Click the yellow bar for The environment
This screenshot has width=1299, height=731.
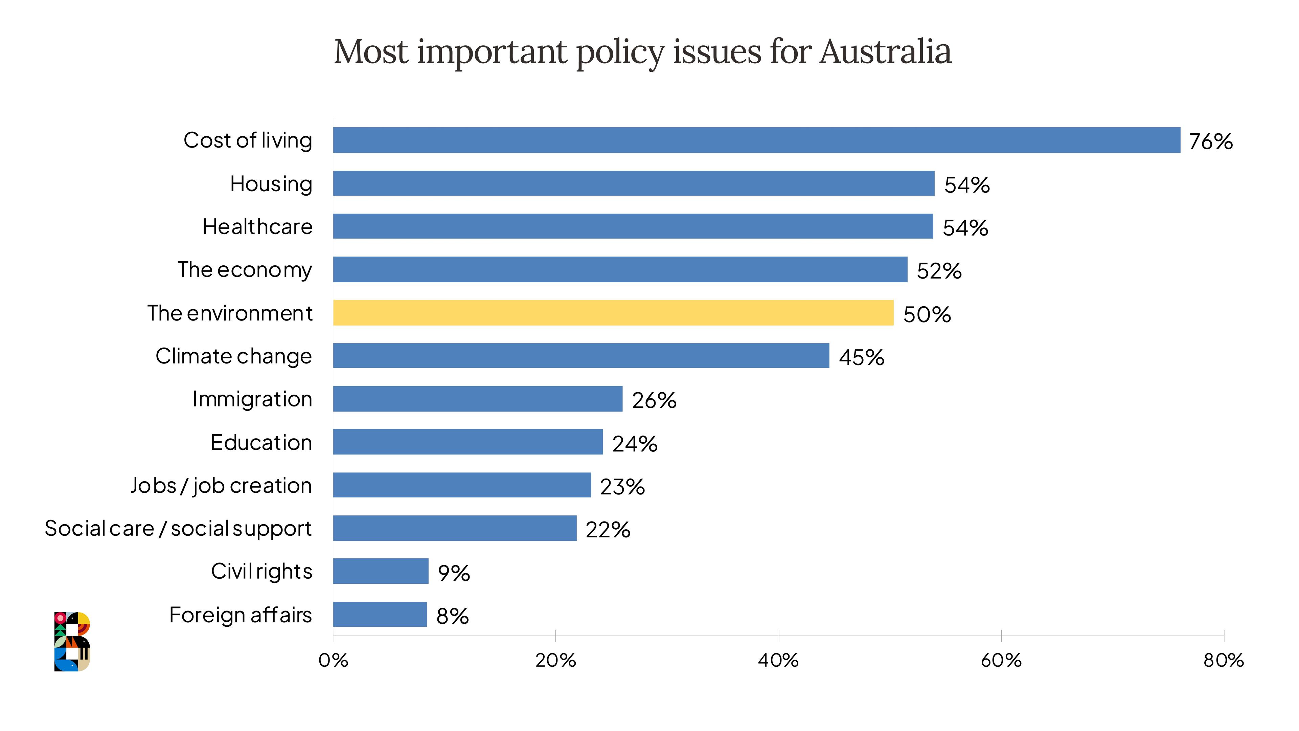coord(613,313)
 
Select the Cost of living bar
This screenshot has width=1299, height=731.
coord(756,140)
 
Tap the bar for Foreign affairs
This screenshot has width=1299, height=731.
coord(380,615)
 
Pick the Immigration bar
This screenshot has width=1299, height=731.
coord(478,399)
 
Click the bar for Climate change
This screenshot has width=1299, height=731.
coord(581,356)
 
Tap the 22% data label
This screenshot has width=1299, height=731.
coord(608,530)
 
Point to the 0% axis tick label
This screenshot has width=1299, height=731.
coord(333,660)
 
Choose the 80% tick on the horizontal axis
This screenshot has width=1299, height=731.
coord(1223,660)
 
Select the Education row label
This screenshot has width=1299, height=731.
coord(261,442)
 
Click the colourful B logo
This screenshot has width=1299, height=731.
coord(72,641)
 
